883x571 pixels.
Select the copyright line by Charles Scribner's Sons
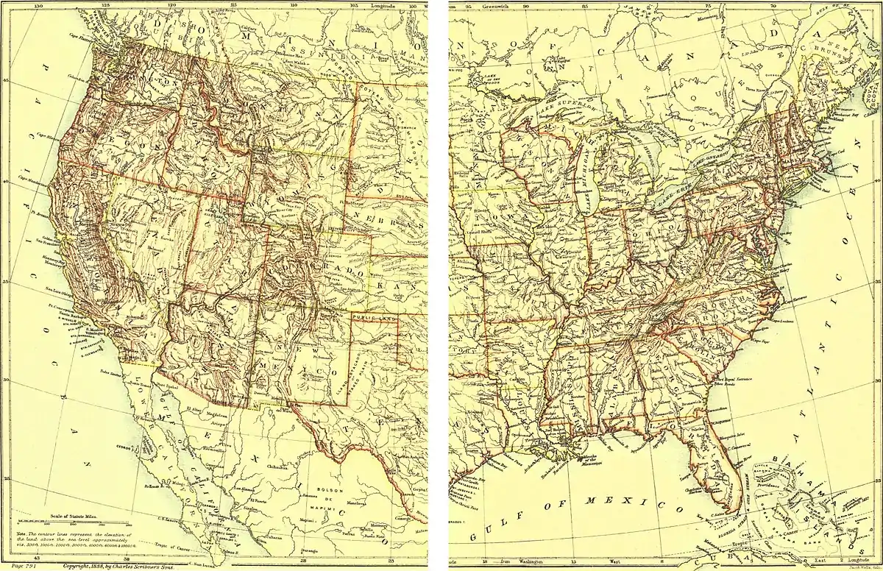[x=110, y=566]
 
